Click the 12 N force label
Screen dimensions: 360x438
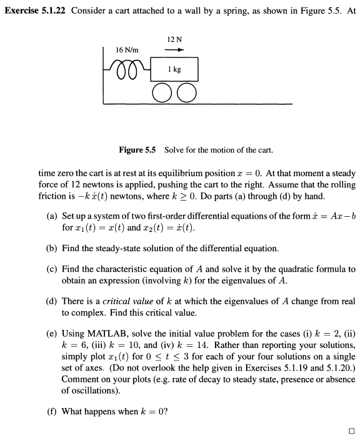tap(175, 40)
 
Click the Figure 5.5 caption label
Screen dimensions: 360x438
tap(137, 150)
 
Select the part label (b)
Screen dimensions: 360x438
tap(52, 248)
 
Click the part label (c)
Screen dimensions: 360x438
tap(52, 269)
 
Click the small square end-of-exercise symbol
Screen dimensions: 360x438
tap(351, 431)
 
